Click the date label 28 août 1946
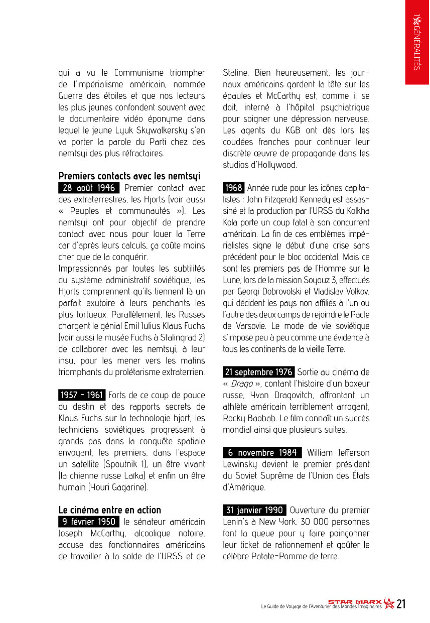click(89, 188)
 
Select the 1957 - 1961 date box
click(81, 395)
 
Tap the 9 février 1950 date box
click(89, 522)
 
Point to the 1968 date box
click(233, 188)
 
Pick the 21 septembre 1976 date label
click(258, 372)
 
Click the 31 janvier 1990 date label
click(255, 510)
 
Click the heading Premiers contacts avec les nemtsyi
click(129, 176)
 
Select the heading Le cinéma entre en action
click(110, 510)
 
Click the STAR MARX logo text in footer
click(355, 601)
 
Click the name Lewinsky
click(241, 464)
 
